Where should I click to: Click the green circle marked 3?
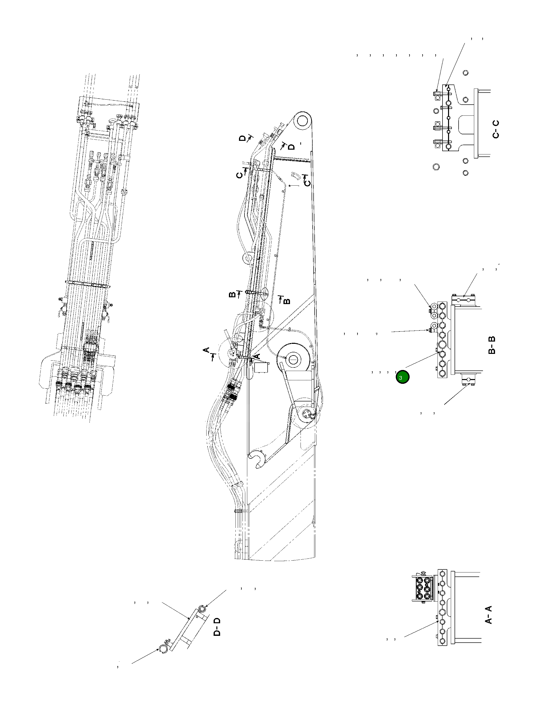tap(402, 377)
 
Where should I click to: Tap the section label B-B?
tap(492, 345)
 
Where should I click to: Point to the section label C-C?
tap(496, 129)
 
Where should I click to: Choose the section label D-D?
tap(217, 627)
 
